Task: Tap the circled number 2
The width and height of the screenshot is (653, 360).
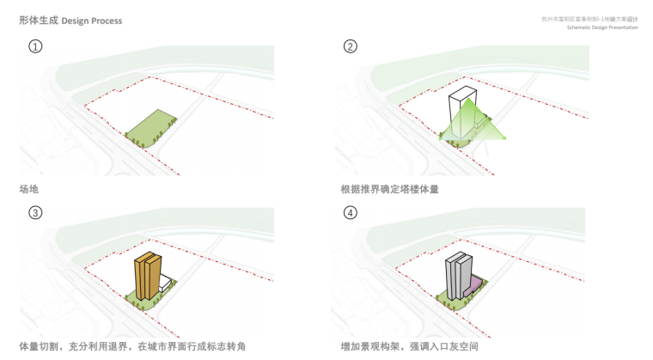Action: [350, 47]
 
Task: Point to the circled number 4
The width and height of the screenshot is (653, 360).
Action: [350, 212]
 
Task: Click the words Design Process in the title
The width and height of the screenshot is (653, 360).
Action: [92, 20]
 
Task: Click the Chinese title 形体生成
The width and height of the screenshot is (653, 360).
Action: [39, 20]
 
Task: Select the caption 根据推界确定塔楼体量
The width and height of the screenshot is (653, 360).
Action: [389, 188]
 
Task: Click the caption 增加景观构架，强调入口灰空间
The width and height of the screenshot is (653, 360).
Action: [409, 346]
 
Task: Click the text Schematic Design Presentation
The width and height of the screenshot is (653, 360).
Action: [603, 27]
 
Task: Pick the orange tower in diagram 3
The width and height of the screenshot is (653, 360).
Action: [147, 275]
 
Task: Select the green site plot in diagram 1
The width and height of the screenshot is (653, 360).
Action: [151, 126]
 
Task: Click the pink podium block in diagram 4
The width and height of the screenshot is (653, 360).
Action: [473, 284]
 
